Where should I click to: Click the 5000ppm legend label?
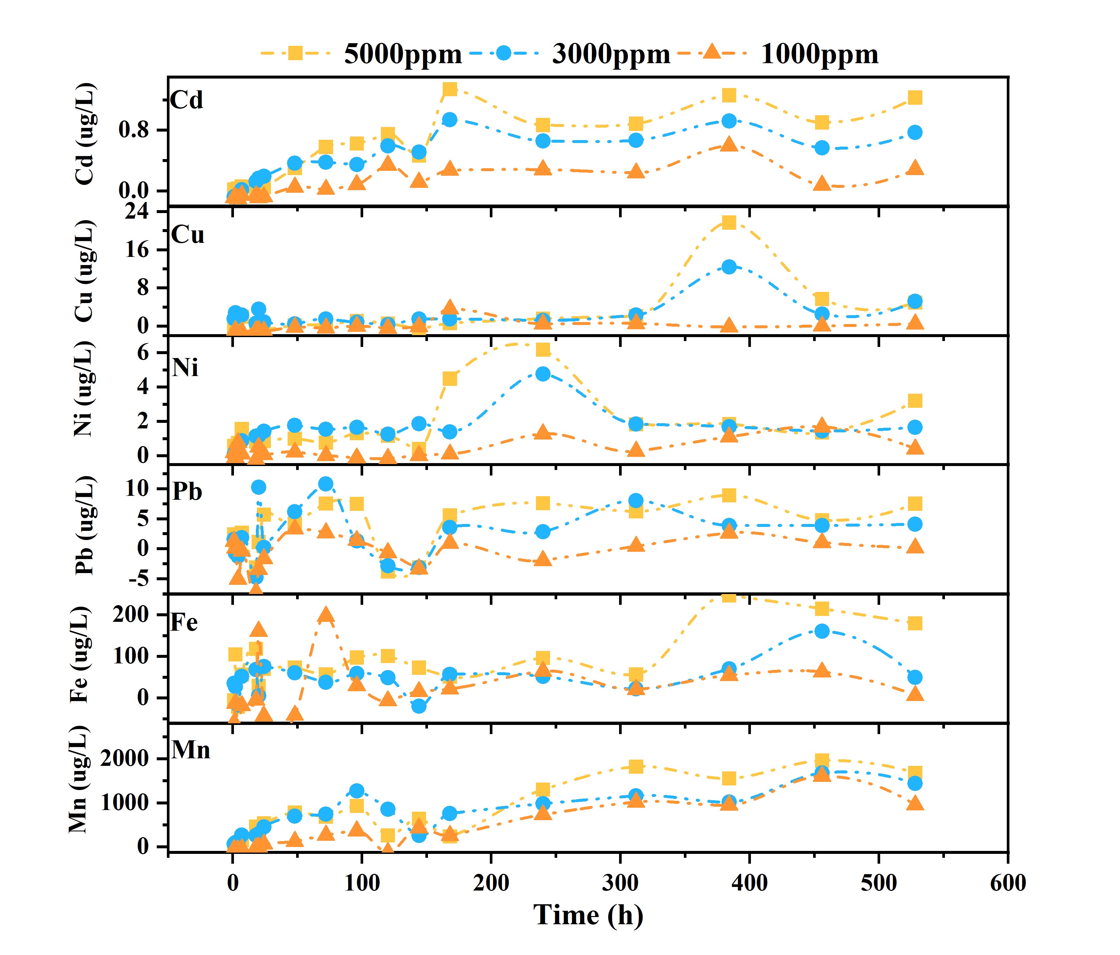(403, 54)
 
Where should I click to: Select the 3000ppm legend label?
(611, 54)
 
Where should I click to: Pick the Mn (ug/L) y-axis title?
(79, 780)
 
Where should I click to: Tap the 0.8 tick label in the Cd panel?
(133, 130)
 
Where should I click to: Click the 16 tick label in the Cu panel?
(137, 250)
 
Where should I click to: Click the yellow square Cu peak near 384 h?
(729, 222)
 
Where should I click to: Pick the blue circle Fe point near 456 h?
(822, 631)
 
